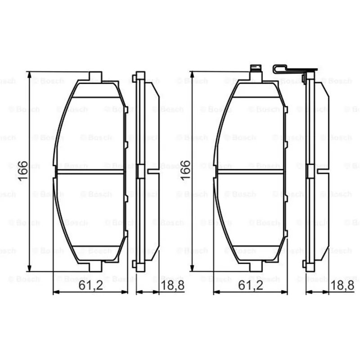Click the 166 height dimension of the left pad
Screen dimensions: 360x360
pos(23,171)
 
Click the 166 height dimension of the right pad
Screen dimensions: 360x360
pos(185,170)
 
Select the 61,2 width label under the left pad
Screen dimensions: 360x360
pos(91,285)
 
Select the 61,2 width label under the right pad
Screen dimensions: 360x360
pos(251,285)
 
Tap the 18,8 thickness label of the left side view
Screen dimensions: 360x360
pos(173,285)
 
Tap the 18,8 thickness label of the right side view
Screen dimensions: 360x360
pos(342,285)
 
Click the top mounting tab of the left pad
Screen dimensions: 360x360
pos(95,76)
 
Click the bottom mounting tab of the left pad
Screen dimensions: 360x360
pos(95,266)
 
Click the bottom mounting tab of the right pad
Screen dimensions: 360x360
pos(256,266)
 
